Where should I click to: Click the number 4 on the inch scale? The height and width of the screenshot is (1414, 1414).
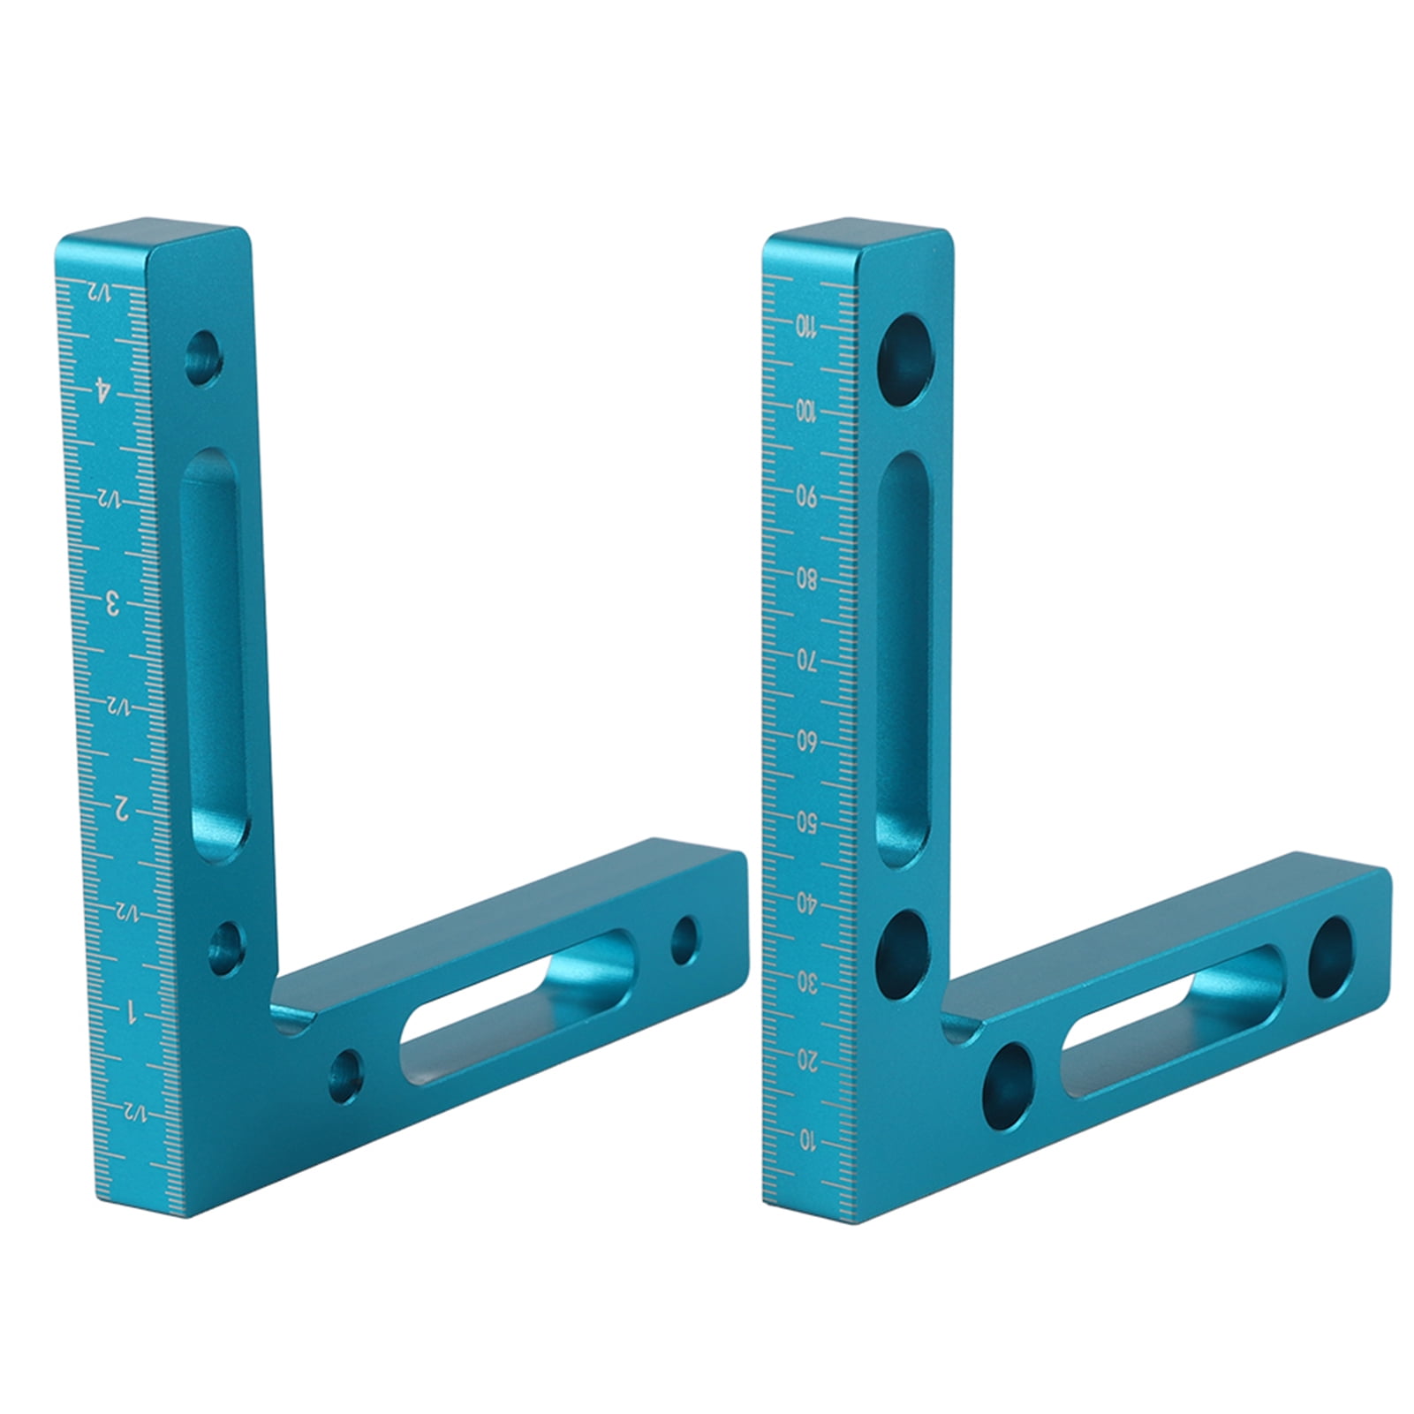pos(104,389)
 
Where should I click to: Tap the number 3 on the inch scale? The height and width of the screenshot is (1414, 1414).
pos(112,604)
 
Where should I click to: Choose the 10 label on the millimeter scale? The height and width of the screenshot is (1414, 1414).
pos(807,1142)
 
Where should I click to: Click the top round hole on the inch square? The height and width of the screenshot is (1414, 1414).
pos(204,358)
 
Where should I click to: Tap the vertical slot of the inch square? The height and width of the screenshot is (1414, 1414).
pos(214,654)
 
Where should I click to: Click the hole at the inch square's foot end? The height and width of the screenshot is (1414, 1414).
pos(684,940)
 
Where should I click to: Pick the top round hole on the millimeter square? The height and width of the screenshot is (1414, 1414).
pos(905,359)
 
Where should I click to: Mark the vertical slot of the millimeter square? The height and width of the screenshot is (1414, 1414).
pos(903,658)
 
